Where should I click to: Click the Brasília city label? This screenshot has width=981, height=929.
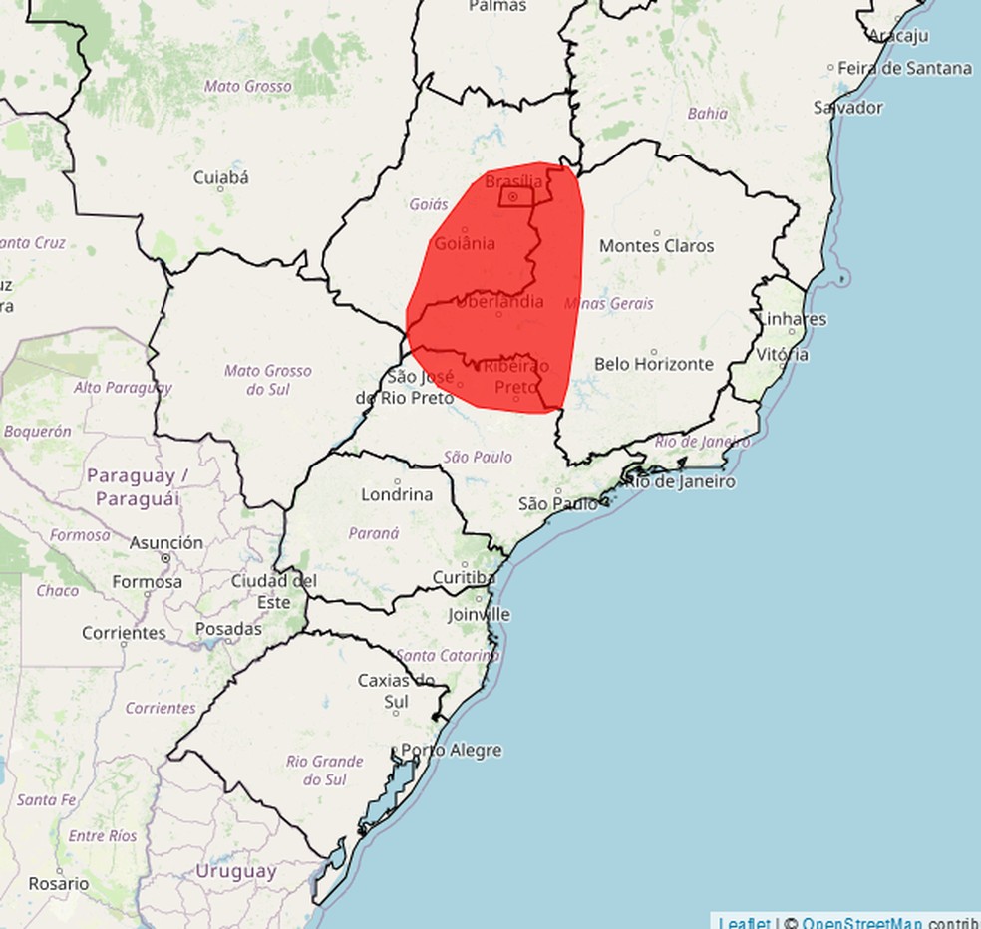514,181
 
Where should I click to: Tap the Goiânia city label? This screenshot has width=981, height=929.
465,243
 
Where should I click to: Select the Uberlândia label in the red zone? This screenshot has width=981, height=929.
498,301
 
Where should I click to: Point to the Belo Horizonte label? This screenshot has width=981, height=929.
654,364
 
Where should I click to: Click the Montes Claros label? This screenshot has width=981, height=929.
656,245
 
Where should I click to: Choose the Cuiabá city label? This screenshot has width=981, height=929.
220,178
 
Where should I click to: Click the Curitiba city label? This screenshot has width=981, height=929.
464,577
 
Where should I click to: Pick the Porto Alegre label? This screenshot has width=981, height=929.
451,750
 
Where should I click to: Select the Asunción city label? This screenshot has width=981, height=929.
165,543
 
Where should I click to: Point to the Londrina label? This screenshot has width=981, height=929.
397,494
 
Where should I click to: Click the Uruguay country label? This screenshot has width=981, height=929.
235,870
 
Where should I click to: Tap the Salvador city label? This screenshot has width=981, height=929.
847,107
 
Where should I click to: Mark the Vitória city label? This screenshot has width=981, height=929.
783,354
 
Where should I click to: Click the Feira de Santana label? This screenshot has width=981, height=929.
904,68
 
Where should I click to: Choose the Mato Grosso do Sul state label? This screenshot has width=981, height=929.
267,380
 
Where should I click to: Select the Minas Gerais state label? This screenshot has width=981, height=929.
608,303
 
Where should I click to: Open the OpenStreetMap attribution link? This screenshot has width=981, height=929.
861,921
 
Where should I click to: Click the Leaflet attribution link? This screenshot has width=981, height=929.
744,921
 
